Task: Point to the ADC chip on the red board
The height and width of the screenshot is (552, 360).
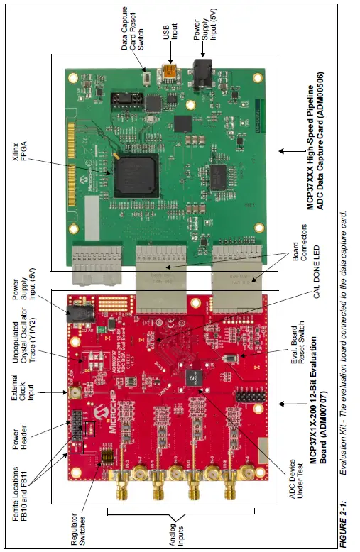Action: pos(192,380)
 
